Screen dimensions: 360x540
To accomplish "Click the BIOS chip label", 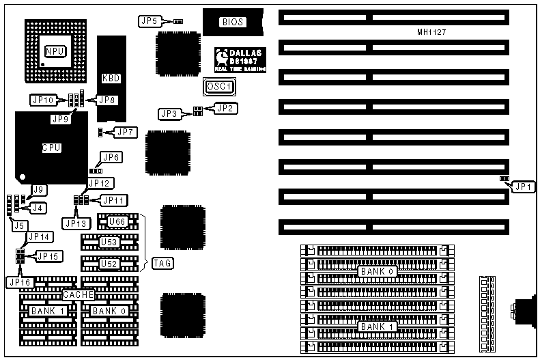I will (x=231, y=23).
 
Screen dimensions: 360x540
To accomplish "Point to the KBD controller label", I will (x=111, y=78).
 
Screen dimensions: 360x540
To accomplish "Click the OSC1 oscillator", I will (x=219, y=87).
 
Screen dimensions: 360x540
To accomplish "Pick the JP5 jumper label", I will (x=150, y=21).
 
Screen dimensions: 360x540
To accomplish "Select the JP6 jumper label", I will (x=111, y=158).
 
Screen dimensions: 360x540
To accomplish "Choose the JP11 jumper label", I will (x=113, y=200).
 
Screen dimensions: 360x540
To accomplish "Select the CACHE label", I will (x=78, y=295).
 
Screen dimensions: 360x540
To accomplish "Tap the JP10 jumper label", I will (x=42, y=100).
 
